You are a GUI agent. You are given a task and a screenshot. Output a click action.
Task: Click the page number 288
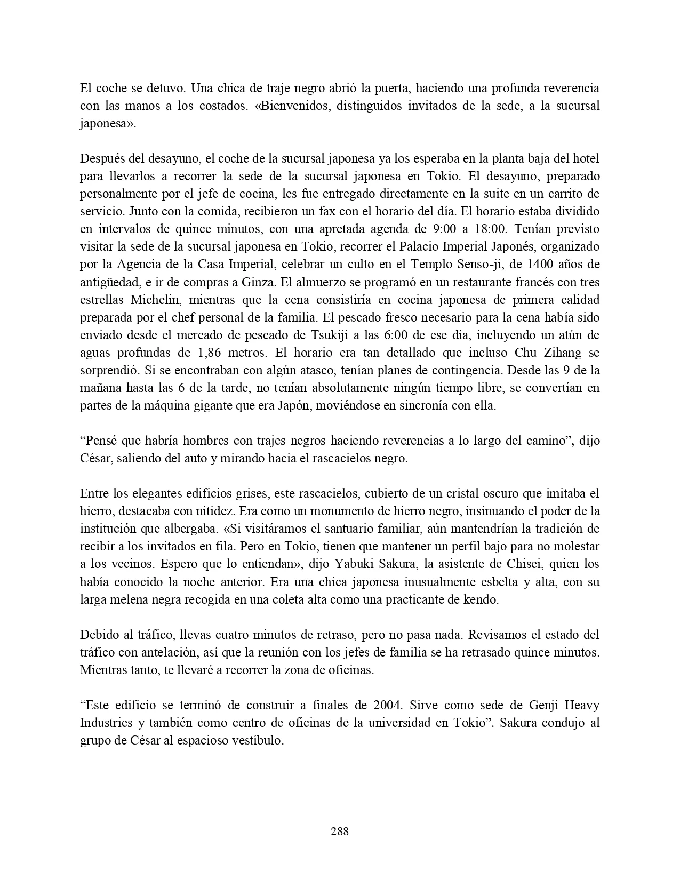[340, 831]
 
